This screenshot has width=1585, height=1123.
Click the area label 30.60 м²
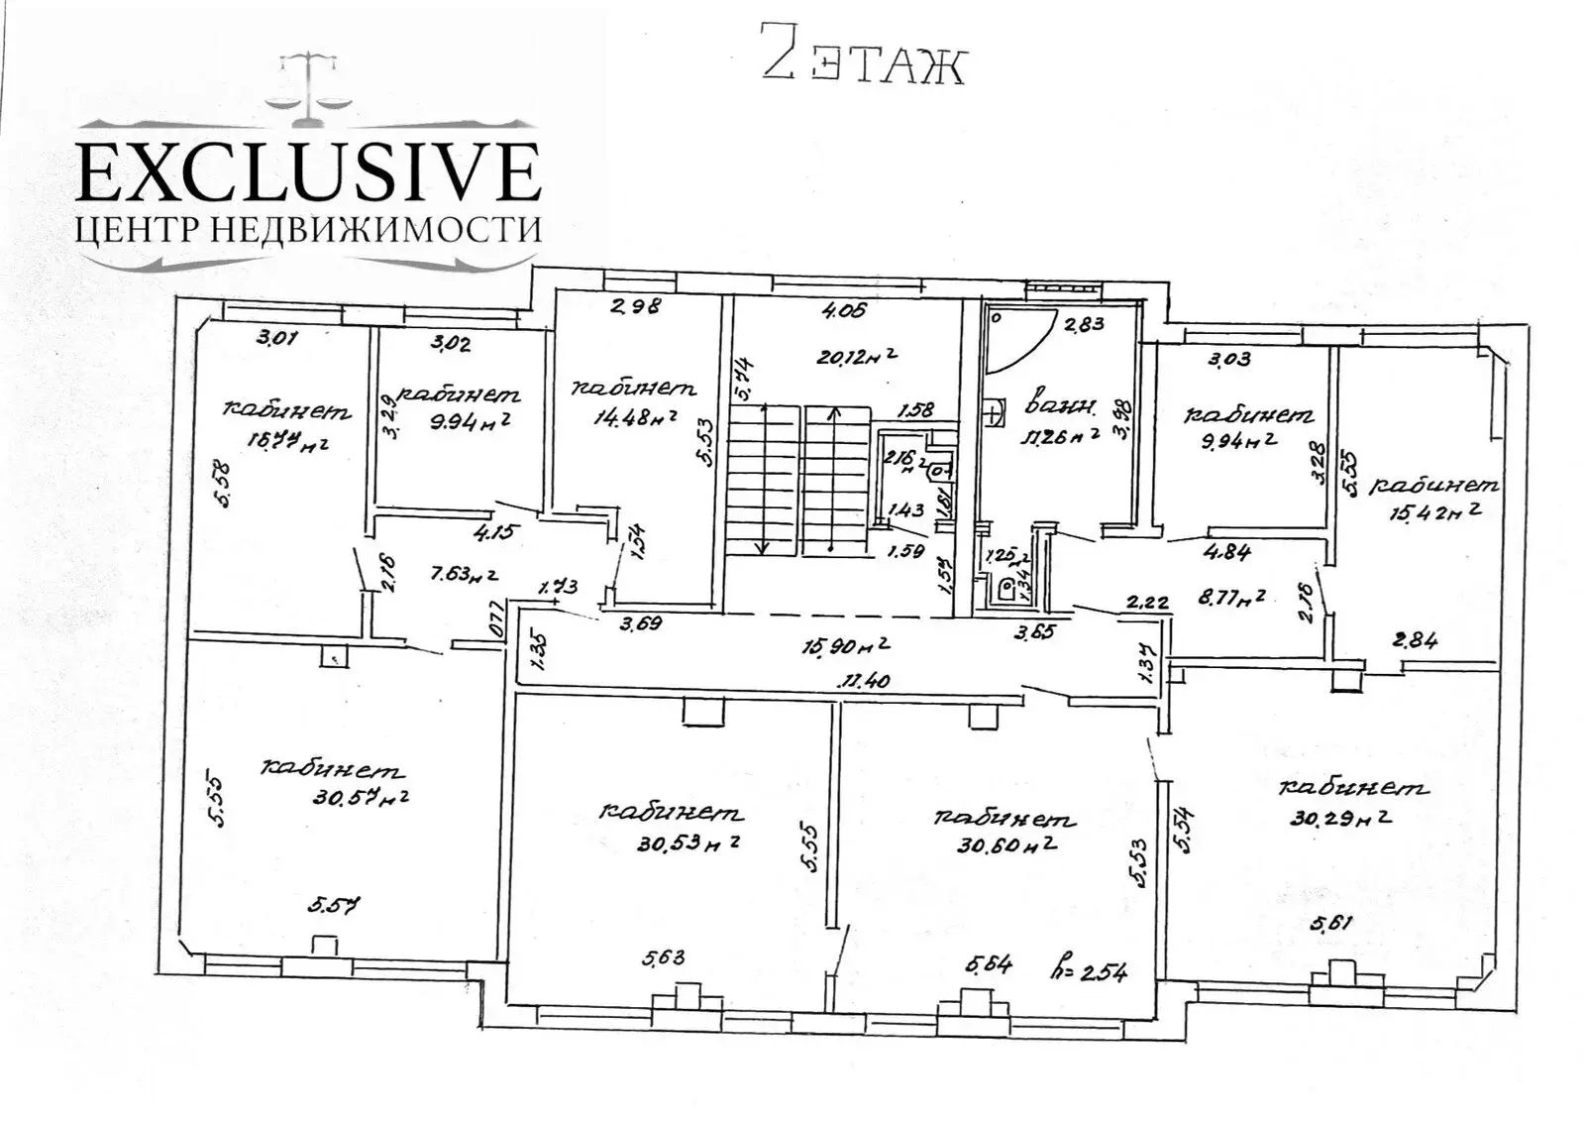pyautogui.click(x=1005, y=845)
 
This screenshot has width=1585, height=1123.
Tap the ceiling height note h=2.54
pyautogui.click(x=1090, y=970)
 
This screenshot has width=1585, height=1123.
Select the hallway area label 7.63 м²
pyautogui.click(x=451, y=574)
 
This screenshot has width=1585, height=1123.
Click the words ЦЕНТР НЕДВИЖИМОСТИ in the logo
pyautogui.click(x=308, y=230)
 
